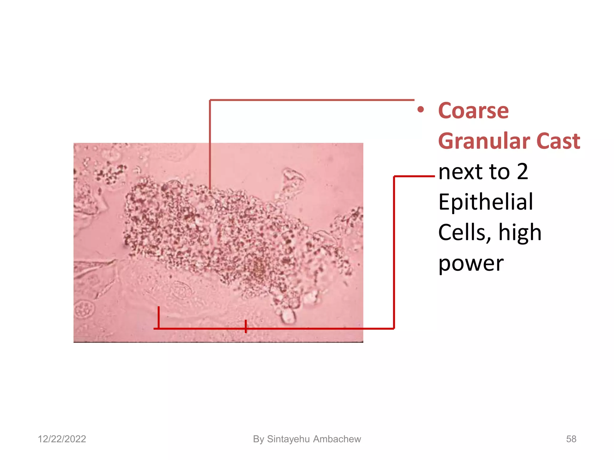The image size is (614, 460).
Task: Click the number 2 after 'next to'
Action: pos(522,172)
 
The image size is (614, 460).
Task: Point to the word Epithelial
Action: pos(485,202)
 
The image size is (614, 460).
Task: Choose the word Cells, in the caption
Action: pos(464,233)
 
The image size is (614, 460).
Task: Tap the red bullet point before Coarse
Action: pos(420,110)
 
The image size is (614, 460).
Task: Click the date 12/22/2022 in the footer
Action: pos(62,439)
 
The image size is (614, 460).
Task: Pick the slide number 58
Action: pos(571,439)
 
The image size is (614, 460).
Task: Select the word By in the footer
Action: pos(258,439)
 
